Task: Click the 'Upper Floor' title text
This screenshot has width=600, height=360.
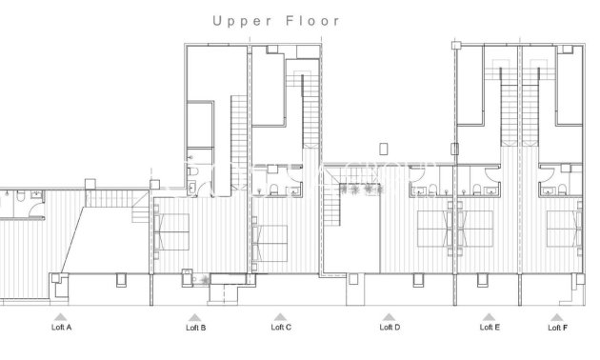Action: pyautogui.click(x=275, y=20)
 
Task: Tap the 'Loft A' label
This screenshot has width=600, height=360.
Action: pyautogui.click(x=61, y=328)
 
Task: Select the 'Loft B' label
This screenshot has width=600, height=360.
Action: pyautogui.click(x=195, y=328)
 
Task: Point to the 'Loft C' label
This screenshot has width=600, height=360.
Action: pyautogui.click(x=281, y=328)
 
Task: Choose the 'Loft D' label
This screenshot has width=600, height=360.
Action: pyautogui.click(x=390, y=328)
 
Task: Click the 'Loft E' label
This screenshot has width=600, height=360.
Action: pyautogui.click(x=490, y=328)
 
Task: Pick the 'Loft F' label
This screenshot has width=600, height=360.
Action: pyautogui.click(x=557, y=328)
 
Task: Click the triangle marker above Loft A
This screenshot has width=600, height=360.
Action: pyautogui.click(x=61, y=316)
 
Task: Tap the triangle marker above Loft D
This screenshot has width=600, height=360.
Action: pyautogui.click(x=389, y=316)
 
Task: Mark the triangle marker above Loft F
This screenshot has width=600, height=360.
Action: pyautogui.click(x=557, y=316)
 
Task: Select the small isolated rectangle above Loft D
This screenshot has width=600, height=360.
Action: pyautogui.click(x=383, y=149)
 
